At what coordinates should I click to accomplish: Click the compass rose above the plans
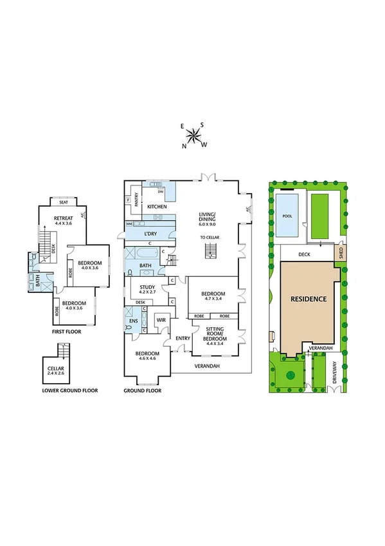point(193,135)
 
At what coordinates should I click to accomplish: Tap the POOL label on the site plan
point(287,216)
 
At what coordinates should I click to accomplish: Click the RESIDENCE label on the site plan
point(309,299)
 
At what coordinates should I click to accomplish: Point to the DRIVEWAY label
point(335,374)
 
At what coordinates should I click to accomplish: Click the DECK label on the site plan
point(305,254)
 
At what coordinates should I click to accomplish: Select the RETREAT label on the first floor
point(63,219)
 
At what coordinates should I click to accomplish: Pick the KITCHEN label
point(157,206)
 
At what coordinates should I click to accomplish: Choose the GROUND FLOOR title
point(142,390)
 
